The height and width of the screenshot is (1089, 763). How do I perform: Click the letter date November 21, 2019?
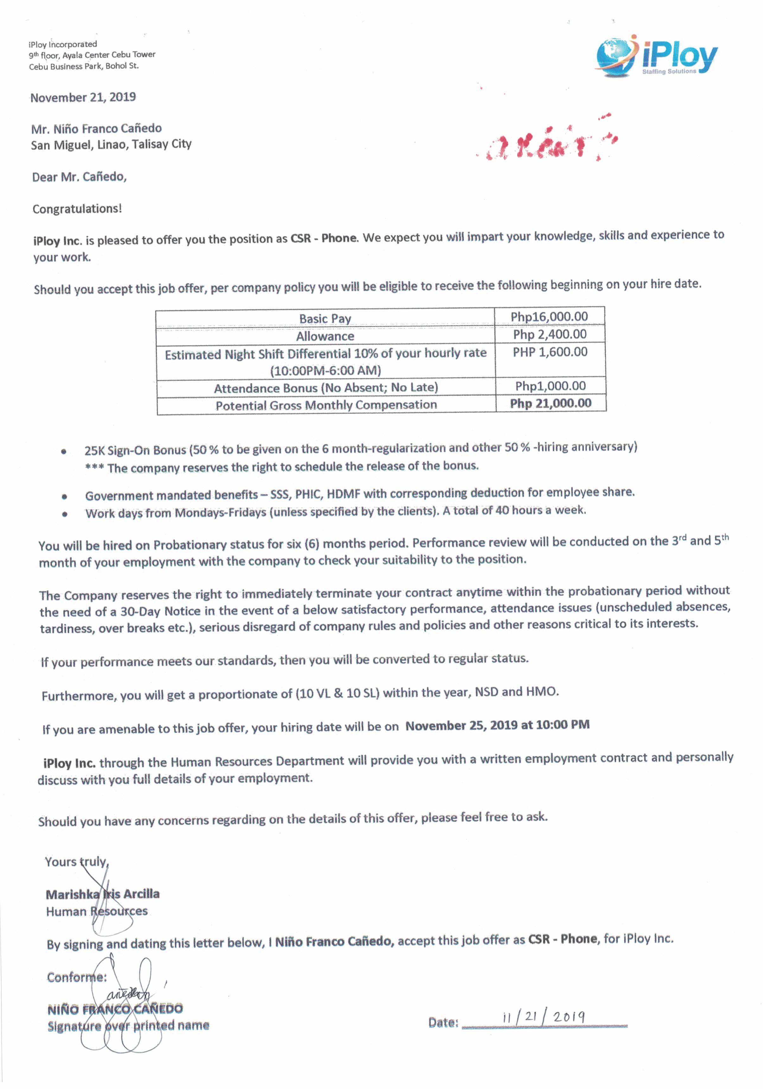pos(83,98)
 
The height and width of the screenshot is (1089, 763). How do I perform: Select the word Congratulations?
pos(77,209)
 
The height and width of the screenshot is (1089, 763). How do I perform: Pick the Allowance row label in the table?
pos(325,336)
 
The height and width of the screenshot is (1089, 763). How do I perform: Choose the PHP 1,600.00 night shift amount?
pos(550,352)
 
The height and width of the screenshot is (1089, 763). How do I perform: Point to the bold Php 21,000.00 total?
pos(550,404)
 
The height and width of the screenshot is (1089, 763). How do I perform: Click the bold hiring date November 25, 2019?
pos(497,726)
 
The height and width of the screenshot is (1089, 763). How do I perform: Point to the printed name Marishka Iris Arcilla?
pos(102,894)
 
